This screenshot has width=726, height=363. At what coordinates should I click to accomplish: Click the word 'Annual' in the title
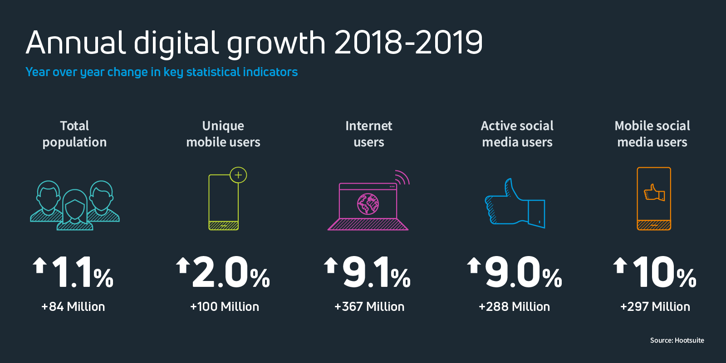click(75, 43)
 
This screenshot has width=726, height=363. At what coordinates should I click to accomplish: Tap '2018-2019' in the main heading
click(408, 43)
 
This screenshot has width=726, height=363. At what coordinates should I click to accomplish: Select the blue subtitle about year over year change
click(162, 72)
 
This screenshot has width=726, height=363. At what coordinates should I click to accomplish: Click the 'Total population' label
click(74, 134)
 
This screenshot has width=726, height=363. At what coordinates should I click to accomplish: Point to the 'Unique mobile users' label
click(223, 134)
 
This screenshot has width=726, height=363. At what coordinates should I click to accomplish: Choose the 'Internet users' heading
click(369, 134)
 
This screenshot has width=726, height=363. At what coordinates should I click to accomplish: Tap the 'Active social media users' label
click(517, 134)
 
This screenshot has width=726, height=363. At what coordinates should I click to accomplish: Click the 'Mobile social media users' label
click(652, 134)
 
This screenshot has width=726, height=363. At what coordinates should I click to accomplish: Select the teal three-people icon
click(75, 205)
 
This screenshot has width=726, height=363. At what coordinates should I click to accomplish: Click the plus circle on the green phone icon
click(238, 175)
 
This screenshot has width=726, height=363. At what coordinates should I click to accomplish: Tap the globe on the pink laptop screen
click(368, 203)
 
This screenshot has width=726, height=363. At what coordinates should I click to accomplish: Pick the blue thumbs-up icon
click(515, 203)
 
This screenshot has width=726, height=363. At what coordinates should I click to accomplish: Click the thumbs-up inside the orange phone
click(654, 193)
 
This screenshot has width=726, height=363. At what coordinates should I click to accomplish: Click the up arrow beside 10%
click(620, 265)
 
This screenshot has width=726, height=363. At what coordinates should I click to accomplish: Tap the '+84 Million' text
click(73, 307)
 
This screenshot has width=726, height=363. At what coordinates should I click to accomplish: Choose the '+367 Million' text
click(369, 307)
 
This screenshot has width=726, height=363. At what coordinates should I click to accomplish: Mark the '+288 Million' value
click(514, 307)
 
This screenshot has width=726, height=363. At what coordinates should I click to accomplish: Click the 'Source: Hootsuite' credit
click(677, 340)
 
